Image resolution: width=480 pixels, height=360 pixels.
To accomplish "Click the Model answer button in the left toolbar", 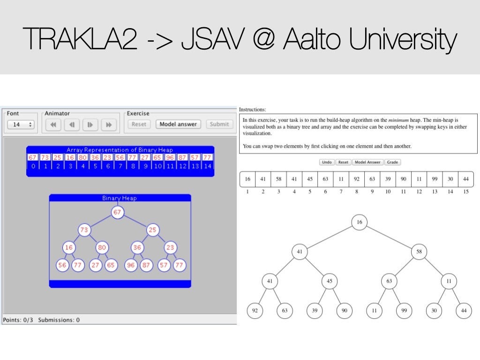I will (178, 124).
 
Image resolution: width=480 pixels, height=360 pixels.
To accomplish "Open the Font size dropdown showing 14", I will (21, 125).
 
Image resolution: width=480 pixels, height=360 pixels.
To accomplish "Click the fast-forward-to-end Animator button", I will (109, 125).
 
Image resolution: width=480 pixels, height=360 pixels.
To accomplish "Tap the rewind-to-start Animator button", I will (53, 125).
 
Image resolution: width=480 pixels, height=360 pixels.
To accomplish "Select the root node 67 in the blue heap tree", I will (117, 212).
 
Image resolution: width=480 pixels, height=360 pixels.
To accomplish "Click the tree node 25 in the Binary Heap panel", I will (153, 230).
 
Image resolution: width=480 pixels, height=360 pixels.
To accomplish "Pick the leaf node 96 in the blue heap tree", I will (131, 265).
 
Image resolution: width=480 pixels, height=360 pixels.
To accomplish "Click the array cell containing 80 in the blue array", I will (83, 157).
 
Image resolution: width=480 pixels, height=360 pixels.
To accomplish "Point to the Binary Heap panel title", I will (119, 198).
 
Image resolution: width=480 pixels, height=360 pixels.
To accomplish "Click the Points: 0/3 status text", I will (18, 320).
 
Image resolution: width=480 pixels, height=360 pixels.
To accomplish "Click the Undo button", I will (326, 162).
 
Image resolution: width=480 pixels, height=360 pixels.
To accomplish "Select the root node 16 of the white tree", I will (359, 222).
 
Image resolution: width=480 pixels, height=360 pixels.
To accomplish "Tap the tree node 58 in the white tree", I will (419, 252).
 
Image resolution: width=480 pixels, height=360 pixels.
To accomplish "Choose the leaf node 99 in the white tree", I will (403, 311).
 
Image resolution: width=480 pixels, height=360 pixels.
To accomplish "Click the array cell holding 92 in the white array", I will (356, 179).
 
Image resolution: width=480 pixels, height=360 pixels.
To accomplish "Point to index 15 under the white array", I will (465, 191).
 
